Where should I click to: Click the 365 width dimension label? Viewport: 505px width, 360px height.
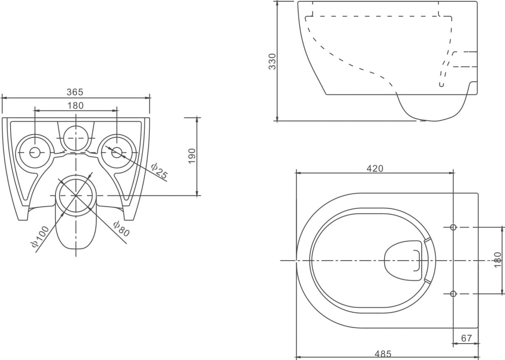pos(75,92)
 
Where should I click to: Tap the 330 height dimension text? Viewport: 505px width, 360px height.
pos(272,61)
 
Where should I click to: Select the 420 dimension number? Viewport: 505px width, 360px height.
pos(375,168)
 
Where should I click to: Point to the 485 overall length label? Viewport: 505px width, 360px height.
pos(383,354)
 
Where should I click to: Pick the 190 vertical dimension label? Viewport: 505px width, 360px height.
pos(191,156)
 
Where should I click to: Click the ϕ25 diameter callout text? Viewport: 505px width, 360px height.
pos(159,171)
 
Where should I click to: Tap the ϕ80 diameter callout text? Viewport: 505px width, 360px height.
pos(122,229)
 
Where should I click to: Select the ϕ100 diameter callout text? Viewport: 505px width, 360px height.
pos(40,236)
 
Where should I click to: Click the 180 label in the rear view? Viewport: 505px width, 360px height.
pos(75,106)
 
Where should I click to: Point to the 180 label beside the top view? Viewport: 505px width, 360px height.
pos(497,260)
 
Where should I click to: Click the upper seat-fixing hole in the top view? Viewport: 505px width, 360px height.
pos(453,227)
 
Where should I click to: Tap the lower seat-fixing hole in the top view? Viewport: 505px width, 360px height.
pos(453,294)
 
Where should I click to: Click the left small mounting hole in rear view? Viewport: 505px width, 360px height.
pos(35,153)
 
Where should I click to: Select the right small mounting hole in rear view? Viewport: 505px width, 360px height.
pos(117,153)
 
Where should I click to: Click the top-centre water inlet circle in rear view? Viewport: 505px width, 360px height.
pos(76,138)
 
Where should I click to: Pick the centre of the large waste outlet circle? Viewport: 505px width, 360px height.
pos(76,195)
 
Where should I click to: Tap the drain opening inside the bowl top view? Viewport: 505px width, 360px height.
pos(403,261)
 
